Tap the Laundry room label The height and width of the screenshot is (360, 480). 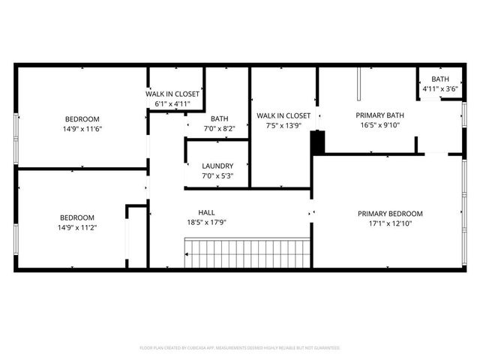tap(217, 166)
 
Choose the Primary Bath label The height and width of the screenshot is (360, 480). tap(379, 115)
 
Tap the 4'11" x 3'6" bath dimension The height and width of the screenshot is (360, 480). tap(439, 88)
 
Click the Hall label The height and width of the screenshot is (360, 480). tap(206, 212)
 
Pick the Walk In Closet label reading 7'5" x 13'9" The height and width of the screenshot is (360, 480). tap(283, 115)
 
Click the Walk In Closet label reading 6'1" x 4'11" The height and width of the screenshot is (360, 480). tap(172, 94)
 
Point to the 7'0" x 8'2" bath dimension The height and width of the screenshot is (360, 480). tap(219, 128)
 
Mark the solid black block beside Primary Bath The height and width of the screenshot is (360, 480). tap(318, 142)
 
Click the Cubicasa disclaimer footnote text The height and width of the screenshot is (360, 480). tap(240, 348)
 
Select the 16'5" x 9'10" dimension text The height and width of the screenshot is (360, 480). tap(379, 125)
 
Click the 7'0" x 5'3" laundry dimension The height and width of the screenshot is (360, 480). tap(217, 176)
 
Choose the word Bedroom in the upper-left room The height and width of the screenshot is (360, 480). tap(82, 119)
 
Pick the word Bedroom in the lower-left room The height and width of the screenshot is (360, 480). tap(76, 217)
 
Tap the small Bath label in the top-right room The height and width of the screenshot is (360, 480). tap(439, 79)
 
